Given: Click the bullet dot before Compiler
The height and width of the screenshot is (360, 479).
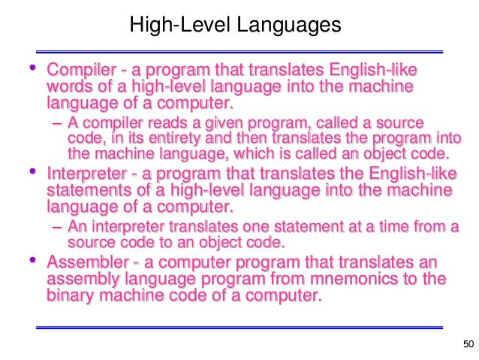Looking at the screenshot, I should (32, 69).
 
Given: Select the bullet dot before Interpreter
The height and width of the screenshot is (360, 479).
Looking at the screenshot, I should (32, 173).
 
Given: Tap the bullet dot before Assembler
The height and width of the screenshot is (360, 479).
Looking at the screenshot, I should (32, 261).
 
